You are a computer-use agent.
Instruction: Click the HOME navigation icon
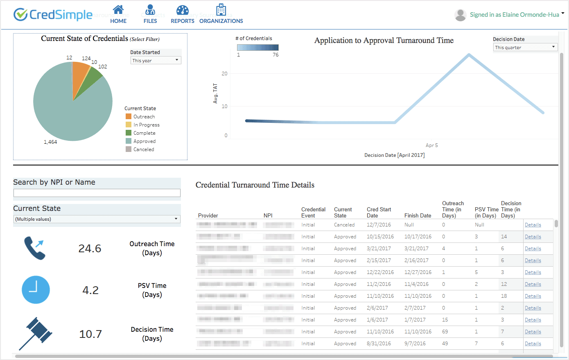click(118, 10)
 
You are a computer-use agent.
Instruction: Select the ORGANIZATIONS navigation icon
click(221, 10)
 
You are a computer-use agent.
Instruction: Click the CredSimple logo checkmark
click(20, 15)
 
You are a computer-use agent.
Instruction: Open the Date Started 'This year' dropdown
click(156, 61)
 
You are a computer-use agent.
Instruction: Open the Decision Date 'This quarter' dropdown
click(525, 48)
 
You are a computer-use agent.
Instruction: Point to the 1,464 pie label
click(50, 142)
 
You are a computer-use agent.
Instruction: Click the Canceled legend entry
click(144, 149)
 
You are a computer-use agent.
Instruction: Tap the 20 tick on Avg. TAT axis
click(224, 74)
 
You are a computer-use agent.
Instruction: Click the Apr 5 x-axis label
click(431, 145)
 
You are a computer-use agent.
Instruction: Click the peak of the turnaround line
click(469, 55)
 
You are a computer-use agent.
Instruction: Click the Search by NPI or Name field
click(97, 193)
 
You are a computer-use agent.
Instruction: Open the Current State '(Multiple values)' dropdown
click(97, 219)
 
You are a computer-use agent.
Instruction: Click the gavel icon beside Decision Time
click(36, 333)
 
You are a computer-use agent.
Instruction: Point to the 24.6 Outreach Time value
click(90, 249)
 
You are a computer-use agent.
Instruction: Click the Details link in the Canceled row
click(533, 225)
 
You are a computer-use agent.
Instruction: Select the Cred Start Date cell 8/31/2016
click(379, 344)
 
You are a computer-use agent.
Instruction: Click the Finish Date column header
click(418, 215)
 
